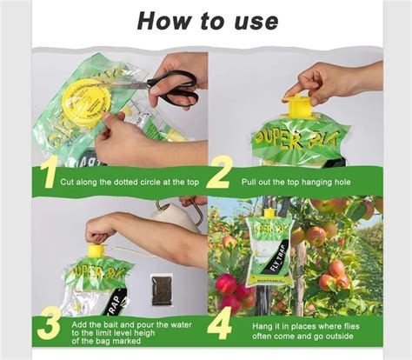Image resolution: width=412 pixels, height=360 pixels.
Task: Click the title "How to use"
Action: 207,20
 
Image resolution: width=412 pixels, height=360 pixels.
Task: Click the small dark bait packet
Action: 161,290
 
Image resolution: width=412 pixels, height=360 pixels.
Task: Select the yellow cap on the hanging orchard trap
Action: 269,213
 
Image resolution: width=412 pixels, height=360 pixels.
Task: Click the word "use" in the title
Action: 253,20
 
